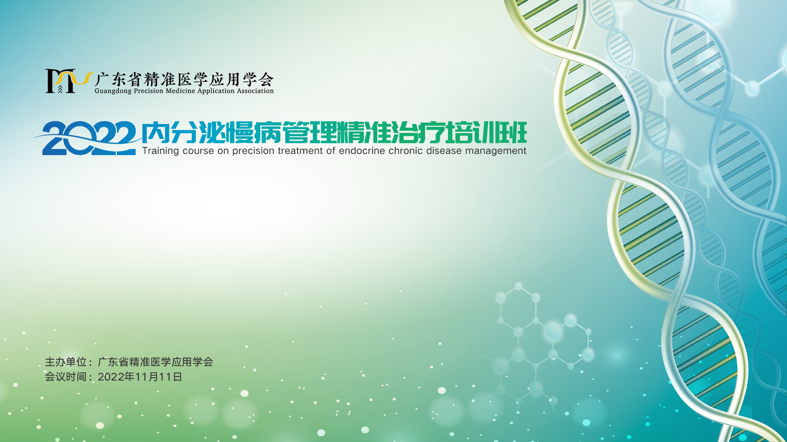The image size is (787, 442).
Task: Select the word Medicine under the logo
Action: [180, 91]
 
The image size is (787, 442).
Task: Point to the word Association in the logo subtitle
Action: [255, 91]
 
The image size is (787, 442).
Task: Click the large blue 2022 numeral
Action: [89, 138]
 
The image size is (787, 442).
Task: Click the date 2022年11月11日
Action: [140, 377]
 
